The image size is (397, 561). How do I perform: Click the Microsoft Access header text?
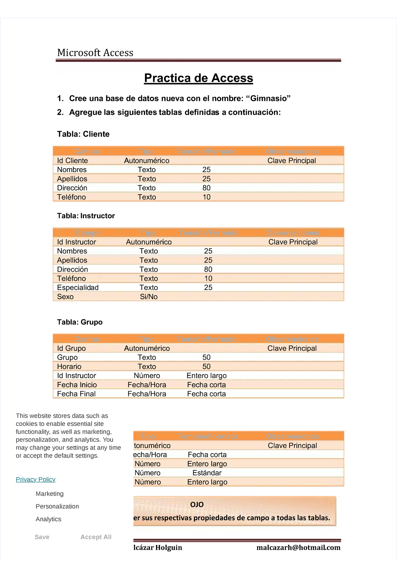95,53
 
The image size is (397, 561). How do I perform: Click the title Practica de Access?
198,78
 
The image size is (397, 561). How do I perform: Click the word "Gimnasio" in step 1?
270,98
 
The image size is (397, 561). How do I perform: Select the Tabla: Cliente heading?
83,134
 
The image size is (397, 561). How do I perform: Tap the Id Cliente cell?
72,161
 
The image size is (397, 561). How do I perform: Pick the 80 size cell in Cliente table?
206,188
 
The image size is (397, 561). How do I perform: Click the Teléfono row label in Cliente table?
71,197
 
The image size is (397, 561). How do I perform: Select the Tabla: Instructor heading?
86,216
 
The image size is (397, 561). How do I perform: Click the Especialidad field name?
78,288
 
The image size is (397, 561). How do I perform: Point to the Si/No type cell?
149,297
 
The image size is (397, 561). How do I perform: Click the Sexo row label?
65,297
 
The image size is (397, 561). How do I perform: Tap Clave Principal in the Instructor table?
293,242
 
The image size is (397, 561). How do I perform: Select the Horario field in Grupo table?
69,367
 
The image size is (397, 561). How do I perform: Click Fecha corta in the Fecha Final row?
206,394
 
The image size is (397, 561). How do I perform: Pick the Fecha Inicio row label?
77,385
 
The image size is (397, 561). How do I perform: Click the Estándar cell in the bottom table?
207,473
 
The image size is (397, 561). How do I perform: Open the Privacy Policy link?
35,480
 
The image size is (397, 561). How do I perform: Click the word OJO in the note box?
197,504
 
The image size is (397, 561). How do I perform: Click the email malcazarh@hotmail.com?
298,547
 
